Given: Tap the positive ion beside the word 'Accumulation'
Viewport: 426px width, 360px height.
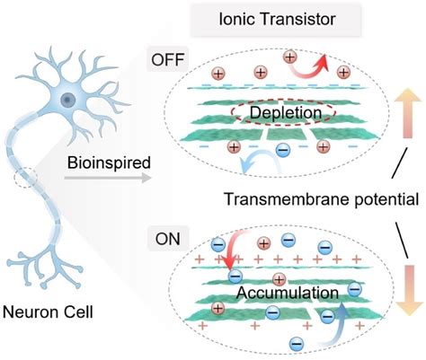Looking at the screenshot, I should tap(279, 277).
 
